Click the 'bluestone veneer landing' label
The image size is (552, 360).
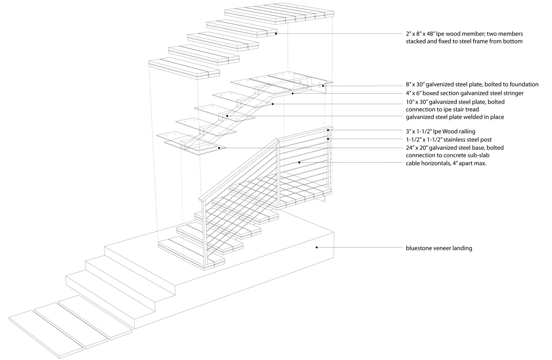click(x=439, y=248)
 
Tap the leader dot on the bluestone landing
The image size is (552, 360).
click(x=316, y=248)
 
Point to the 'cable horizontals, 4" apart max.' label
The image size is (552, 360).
click(x=446, y=163)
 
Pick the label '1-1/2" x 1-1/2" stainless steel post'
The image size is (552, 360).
click(x=449, y=140)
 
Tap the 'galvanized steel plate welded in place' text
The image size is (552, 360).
click(x=455, y=117)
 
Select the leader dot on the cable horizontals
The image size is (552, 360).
click(x=300, y=162)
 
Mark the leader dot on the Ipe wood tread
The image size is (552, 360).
click(x=276, y=33)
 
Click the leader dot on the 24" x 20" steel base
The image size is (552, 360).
click(x=219, y=148)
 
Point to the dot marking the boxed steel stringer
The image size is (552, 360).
click(x=293, y=94)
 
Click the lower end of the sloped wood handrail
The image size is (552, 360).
click(x=202, y=199)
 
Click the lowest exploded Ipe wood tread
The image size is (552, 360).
click(x=184, y=68)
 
